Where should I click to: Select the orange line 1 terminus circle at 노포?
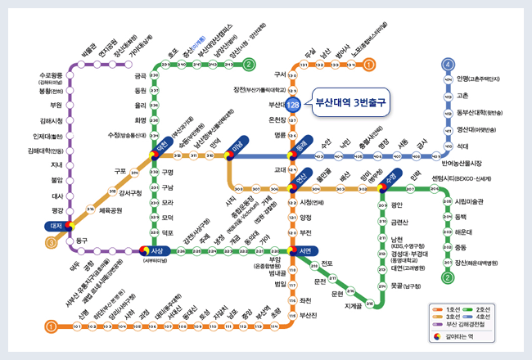pyautogui.click(x=370, y=64)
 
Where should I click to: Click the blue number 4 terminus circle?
pyautogui.click(x=448, y=64)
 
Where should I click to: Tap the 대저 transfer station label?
pyautogui.click(x=57, y=225)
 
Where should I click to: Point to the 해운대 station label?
pyautogui.click(x=467, y=232)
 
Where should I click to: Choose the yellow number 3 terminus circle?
pyautogui.click(x=51, y=242)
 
